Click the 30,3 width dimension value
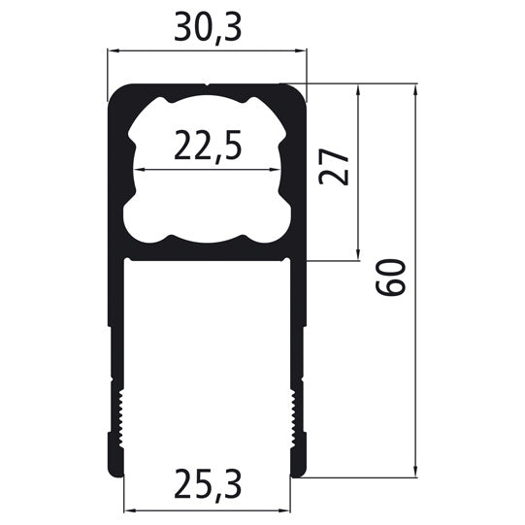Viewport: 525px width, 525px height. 207,28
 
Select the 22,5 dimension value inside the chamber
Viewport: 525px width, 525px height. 207,147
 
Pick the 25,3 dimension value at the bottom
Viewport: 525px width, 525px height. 208,481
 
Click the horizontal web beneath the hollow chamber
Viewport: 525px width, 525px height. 207,254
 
